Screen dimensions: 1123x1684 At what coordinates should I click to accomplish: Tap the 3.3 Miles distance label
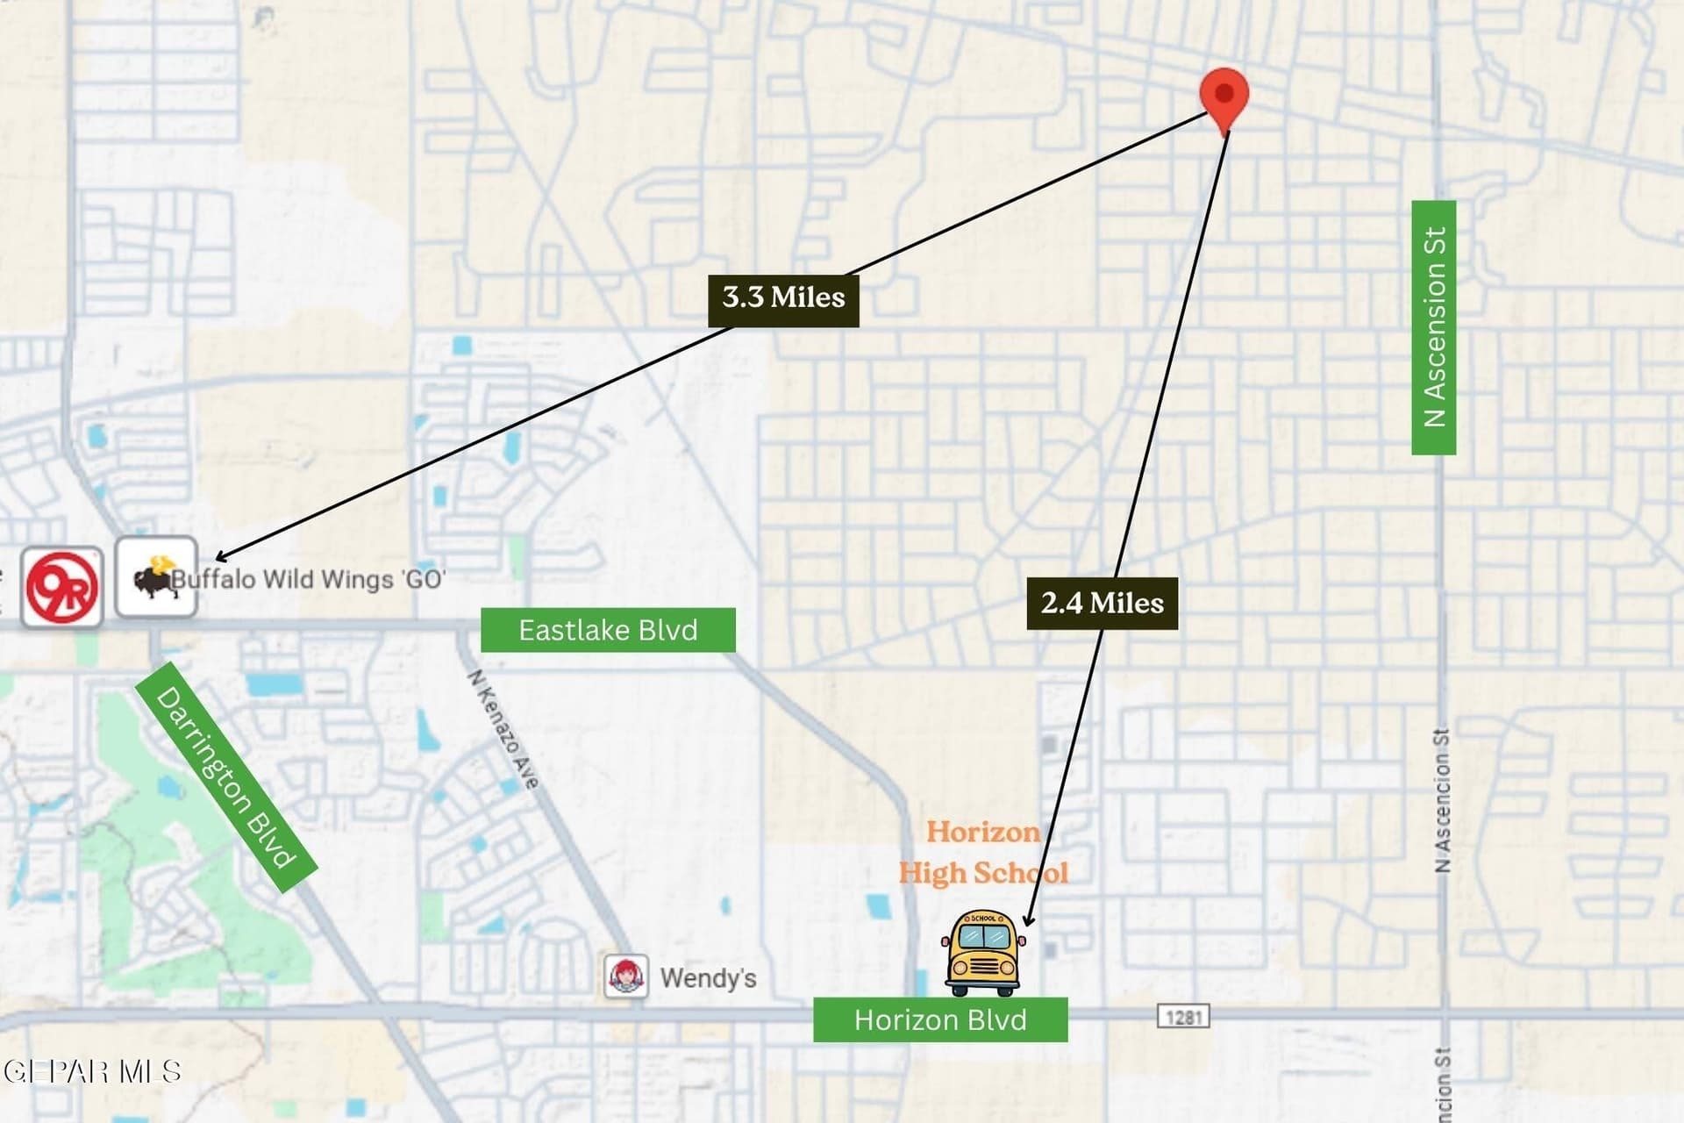[783, 298]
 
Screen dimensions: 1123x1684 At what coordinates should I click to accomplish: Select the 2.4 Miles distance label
[1102, 604]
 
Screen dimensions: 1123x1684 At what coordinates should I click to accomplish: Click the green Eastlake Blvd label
[608, 630]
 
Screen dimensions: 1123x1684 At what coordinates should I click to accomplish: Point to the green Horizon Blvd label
[940, 1019]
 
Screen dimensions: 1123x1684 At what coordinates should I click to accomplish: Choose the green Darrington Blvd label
[225, 776]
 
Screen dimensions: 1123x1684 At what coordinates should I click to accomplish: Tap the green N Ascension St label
[1434, 327]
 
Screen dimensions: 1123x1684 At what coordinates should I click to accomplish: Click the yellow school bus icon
[983, 953]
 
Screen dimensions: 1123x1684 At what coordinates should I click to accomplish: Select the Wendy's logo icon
[626, 976]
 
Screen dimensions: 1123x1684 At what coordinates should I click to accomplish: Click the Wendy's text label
[708, 977]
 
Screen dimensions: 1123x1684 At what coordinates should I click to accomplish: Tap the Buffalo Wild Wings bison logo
[155, 576]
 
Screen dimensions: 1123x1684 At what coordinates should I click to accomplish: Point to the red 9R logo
[61, 587]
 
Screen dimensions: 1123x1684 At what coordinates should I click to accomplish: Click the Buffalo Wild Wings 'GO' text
[308, 579]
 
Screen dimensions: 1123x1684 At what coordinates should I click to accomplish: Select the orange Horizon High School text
[983, 852]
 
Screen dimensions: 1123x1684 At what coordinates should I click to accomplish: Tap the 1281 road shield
[1183, 1017]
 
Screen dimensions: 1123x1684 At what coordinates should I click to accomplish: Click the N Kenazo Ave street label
[503, 729]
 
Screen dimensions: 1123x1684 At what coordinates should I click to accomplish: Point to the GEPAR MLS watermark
[92, 1071]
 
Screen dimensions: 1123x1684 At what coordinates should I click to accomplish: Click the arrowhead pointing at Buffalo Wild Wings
[221, 556]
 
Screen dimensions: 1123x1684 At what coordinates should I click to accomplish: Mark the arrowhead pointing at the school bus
[1028, 919]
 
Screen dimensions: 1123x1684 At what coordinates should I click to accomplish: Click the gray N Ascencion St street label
[1442, 800]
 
